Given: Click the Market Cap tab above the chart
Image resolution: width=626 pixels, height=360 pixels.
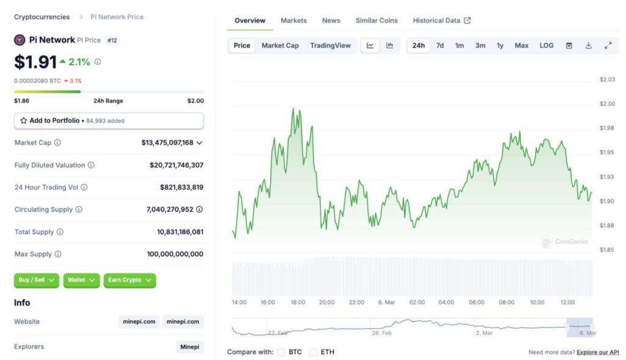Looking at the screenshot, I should tap(280, 45).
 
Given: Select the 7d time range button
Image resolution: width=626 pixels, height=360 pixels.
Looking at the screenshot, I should tap(440, 45).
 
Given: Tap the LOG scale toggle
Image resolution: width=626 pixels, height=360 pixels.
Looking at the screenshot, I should tap(547, 45).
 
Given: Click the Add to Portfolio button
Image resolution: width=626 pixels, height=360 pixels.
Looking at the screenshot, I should tap(109, 120).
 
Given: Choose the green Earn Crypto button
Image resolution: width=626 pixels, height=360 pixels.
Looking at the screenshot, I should tap(130, 280).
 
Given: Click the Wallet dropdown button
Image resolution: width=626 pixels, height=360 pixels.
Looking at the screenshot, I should tap(81, 280).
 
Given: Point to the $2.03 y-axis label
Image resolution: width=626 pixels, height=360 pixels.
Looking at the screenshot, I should tap(607, 79).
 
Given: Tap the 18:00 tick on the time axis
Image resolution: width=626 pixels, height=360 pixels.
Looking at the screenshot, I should tap(298, 303).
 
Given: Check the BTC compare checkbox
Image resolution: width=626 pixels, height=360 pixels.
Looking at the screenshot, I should tap(281, 352).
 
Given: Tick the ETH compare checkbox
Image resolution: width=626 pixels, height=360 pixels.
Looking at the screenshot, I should tap(313, 352).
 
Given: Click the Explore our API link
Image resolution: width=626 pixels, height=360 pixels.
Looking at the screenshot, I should tap(597, 352).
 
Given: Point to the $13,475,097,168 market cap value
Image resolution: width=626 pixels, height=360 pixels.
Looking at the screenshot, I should tap(167, 142).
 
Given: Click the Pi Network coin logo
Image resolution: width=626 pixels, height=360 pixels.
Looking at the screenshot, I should tap(20, 40).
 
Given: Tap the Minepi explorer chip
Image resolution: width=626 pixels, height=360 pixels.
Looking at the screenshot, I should tap(190, 347).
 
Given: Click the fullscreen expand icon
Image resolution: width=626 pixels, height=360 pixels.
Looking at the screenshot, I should tap(608, 45).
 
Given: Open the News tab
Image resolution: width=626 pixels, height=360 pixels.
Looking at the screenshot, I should tap(331, 20).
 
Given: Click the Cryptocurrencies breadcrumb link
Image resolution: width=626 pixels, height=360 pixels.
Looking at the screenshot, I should tap(42, 17).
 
